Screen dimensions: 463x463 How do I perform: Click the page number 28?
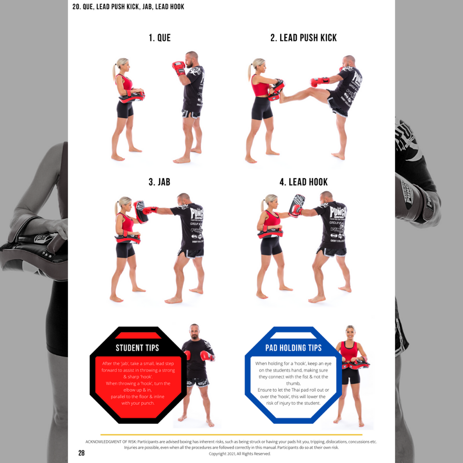[x=81, y=453]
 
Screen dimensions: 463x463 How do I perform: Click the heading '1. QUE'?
[x=160, y=38]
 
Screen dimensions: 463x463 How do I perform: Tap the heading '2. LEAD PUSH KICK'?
[x=304, y=38]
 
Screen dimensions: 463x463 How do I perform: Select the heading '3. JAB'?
[x=159, y=182]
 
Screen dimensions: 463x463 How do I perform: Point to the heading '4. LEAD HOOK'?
[x=304, y=182]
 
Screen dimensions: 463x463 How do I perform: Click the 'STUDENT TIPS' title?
[x=138, y=348]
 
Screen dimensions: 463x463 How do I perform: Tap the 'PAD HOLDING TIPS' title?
[x=293, y=348]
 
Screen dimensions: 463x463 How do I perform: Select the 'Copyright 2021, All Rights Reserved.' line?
[x=239, y=454]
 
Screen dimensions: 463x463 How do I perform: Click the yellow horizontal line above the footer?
[x=231, y=435]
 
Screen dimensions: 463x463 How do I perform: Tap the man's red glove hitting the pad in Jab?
[x=150, y=210]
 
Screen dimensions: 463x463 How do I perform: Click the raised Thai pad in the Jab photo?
[x=141, y=212]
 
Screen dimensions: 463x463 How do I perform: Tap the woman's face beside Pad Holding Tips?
[x=350, y=333]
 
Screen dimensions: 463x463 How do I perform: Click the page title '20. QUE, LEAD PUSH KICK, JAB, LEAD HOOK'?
[x=128, y=6]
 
